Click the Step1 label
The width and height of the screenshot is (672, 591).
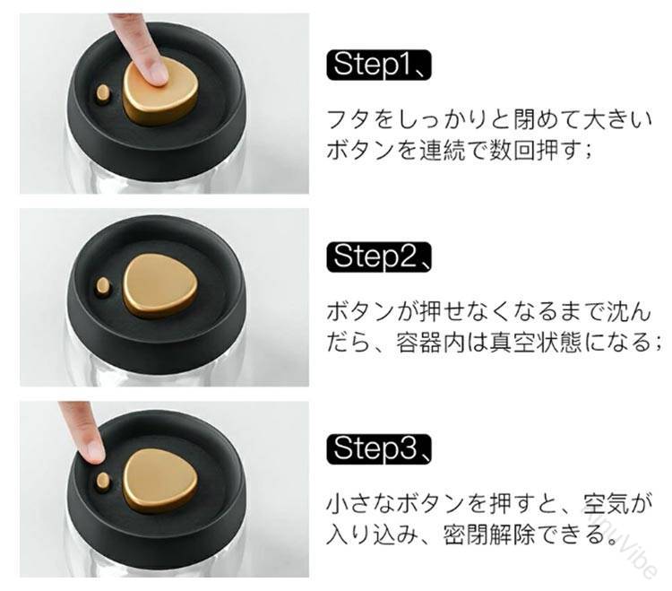(x=378, y=65)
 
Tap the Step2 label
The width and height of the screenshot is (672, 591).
(x=378, y=257)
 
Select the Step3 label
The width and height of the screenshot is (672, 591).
(x=378, y=449)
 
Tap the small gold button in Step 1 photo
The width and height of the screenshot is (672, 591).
(x=103, y=93)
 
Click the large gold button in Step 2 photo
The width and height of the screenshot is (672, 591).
(x=160, y=285)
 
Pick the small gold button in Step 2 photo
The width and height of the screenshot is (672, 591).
(x=103, y=286)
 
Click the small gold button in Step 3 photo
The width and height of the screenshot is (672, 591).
(x=103, y=482)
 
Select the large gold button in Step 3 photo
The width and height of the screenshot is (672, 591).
(x=160, y=481)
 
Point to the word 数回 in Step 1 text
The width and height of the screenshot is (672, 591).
(x=513, y=151)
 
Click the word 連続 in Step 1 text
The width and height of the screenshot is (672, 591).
(x=443, y=151)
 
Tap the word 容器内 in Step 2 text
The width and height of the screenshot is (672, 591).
(x=431, y=343)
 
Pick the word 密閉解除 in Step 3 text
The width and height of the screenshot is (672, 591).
(x=488, y=535)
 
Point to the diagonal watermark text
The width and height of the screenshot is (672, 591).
(x=623, y=542)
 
